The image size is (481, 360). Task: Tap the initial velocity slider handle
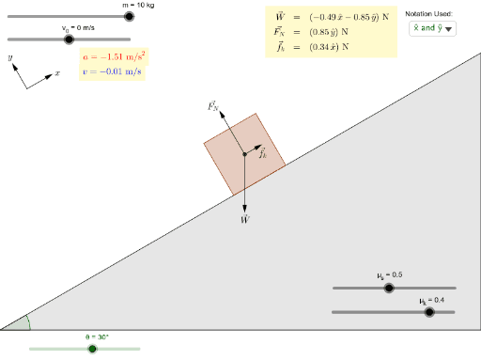click(69, 39)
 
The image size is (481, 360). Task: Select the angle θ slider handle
click(92, 349)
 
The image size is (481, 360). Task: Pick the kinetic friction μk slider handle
click(429, 312)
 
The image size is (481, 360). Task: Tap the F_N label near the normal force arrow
click(213, 106)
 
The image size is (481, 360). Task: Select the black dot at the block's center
click(244, 153)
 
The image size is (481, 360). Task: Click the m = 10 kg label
click(138, 5)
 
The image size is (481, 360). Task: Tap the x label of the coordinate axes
click(57, 72)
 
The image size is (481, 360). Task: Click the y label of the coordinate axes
click(10, 57)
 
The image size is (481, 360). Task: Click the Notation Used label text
click(429, 14)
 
